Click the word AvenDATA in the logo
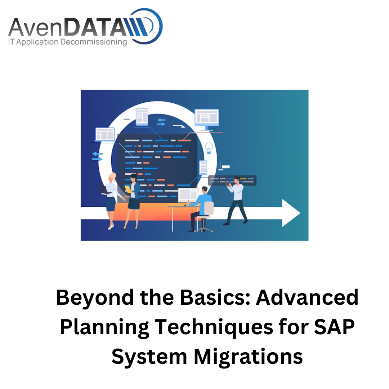coord(67,27)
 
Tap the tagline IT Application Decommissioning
coord(67,42)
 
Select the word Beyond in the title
coord(95,298)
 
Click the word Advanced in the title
coord(307,297)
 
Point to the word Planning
coord(104,327)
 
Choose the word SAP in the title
coord(334,327)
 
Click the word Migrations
coord(248,357)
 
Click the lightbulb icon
coord(209,148)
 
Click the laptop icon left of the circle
coord(105,135)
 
